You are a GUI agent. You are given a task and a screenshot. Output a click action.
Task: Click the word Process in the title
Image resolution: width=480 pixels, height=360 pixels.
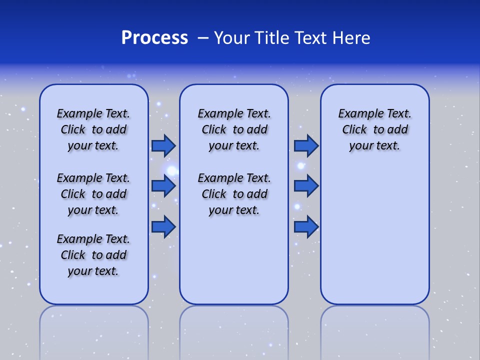coord(154,38)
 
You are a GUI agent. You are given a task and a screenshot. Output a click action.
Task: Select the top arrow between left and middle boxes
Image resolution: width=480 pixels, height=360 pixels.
coord(163,145)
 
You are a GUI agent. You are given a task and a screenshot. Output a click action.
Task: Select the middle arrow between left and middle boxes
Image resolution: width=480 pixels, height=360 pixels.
coord(163,186)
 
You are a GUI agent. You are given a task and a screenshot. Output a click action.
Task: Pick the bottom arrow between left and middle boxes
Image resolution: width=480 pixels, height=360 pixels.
coord(163,227)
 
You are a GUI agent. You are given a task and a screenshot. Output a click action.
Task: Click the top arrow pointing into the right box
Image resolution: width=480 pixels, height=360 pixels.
coord(306,145)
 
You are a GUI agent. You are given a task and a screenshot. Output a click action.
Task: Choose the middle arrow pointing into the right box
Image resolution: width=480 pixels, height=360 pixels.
coord(306,186)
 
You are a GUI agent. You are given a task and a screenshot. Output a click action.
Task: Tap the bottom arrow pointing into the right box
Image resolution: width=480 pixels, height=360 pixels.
coord(306,227)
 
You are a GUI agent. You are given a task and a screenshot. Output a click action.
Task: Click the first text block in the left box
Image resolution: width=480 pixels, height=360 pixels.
coord(93,129)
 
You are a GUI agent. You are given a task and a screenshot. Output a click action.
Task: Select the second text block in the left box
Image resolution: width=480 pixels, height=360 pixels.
coord(93,194)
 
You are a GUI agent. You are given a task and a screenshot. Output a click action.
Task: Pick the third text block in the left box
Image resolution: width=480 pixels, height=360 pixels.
coord(93,255)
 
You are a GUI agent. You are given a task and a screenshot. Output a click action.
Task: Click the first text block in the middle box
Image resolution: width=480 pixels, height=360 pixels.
coord(234,129)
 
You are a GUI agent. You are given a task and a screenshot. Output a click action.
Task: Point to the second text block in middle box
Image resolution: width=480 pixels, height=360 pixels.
coord(234,194)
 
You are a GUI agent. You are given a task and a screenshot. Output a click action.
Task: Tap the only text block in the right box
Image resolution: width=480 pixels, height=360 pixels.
coord(374,129)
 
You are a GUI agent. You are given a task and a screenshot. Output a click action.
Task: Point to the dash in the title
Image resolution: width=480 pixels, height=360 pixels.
coord(203,38)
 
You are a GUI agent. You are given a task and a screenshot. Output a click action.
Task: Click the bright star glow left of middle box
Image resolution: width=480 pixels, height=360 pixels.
coord(172,171)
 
